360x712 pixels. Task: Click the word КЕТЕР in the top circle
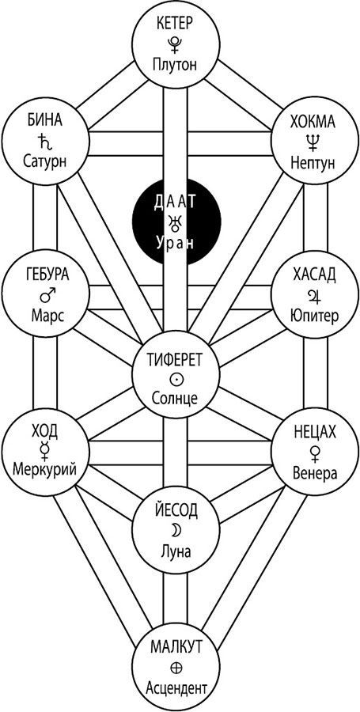tap(176, 23)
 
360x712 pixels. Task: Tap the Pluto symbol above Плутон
tap(174, 44)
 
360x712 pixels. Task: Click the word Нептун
tap(313, 161)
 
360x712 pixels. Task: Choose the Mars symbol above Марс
tap(45, 295)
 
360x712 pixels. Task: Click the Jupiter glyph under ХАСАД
tap(313, 296)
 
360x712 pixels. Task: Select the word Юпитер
tap(313, 315)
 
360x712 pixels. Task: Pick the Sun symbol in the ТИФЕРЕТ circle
tap(175, 379)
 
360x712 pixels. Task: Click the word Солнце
tap(175, 399)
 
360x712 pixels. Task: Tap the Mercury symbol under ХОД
tap(44, 449)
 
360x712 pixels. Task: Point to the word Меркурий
tap(44, 468)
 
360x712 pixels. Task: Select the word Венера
tap(313, 474)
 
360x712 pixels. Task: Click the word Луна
tap(175, 551)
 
